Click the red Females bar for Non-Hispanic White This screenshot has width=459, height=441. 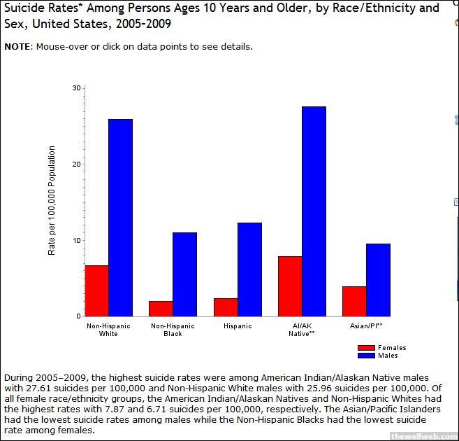click(x=97, y=290)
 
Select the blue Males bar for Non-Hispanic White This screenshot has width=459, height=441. click(x=121, y=218)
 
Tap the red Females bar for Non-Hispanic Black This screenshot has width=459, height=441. click(x=161, y=309)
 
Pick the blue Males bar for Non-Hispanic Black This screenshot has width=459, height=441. click(x=185, y=274)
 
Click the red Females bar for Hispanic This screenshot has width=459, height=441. click(x=226, y=307)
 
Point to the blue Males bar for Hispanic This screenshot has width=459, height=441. click(x=249, y=269)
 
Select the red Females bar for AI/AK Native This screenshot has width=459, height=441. click(x=290, y=286)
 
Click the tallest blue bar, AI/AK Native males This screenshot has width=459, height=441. click(x=314, y=211)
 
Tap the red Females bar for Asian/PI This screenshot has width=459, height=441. click(x=354, y=301)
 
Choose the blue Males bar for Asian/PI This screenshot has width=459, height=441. click(x=378, y=280)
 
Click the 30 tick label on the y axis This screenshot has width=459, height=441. click(x=78, y=88)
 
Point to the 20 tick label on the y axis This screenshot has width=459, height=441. click(x=78, y=164)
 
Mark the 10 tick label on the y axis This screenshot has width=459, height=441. click(x=78, y=240)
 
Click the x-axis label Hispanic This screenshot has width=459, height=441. click(x=238, y=326)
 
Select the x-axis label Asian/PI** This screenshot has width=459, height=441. click(x=366, y=326)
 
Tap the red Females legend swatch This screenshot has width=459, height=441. click(x=366, y=348)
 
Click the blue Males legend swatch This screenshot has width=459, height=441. click(x=366, y=356)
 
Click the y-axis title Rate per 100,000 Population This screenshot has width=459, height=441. click(x=52, y=200)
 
